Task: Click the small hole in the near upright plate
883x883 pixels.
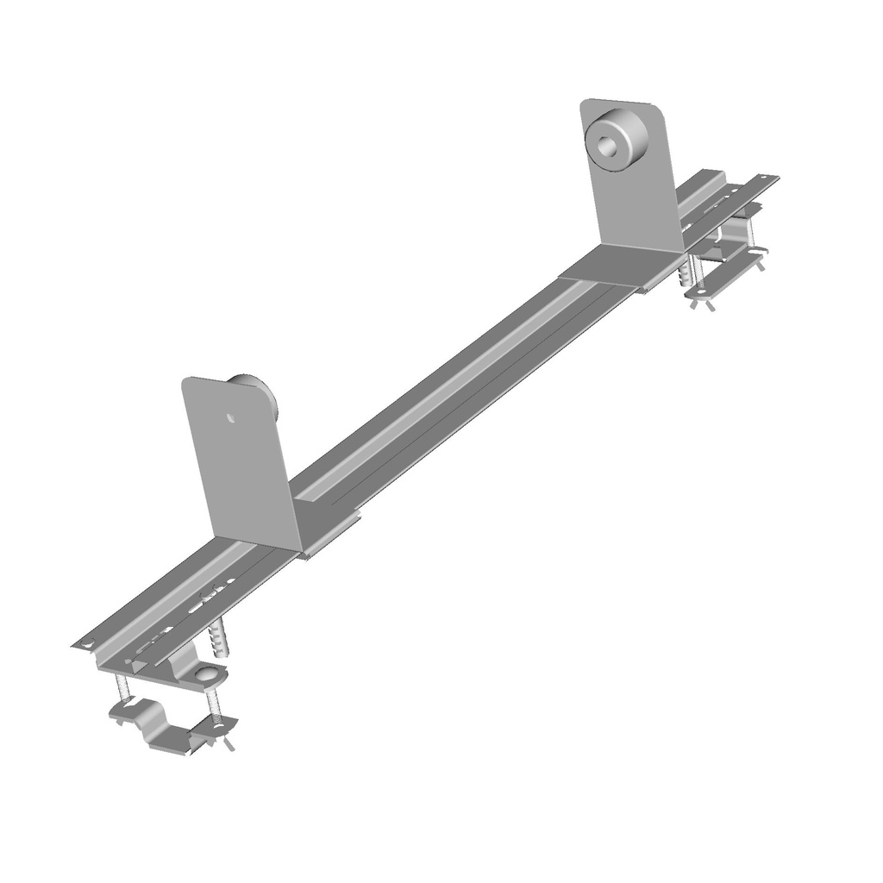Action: [230, 418]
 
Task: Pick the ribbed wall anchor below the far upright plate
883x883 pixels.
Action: [686, 274]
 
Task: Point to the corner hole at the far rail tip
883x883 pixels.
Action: [769, 179]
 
